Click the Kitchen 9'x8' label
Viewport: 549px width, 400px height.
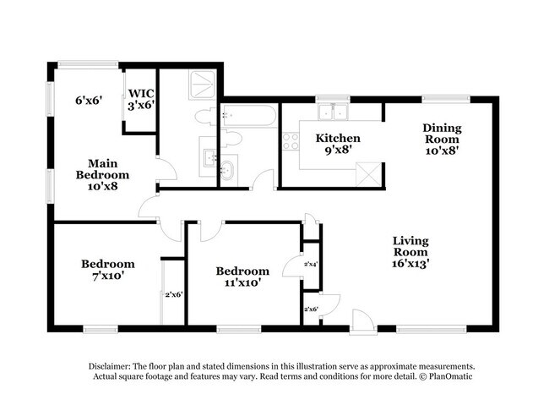click(x=338, y=144)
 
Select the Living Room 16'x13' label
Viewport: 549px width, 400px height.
click(x=410, y=251)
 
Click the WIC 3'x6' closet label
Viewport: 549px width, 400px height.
click(x=139, y=100)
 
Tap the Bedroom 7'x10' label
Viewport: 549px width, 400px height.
click(x=107, y=271)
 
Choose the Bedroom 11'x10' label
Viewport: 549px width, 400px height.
click(x=242, y=277)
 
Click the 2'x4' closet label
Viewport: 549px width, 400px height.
click(x=311, y=264)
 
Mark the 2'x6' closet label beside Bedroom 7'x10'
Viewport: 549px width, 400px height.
click(x=174, y=294)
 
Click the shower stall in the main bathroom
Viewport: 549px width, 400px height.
click(x=201, y=84)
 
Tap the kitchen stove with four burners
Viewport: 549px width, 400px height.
click(x=291, y=141)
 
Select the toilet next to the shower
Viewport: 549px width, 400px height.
click(x=204, y=116)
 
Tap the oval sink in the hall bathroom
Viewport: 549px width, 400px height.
click(x=226, y=170)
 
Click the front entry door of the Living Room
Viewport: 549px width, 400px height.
click(x=363, y=320)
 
